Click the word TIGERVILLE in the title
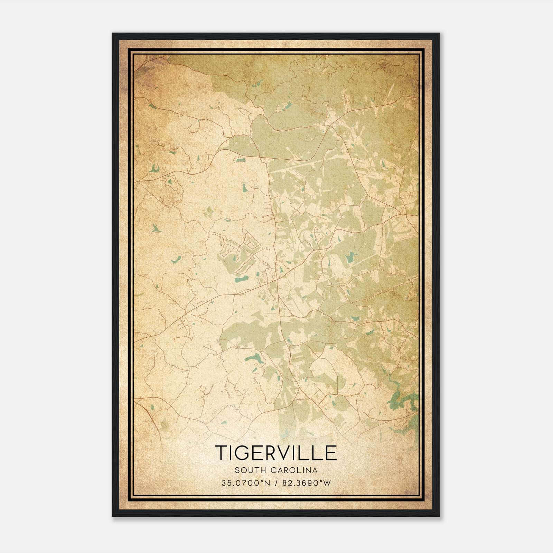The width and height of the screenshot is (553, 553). [276, 453]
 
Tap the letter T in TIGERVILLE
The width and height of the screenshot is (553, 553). [222, 453]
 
